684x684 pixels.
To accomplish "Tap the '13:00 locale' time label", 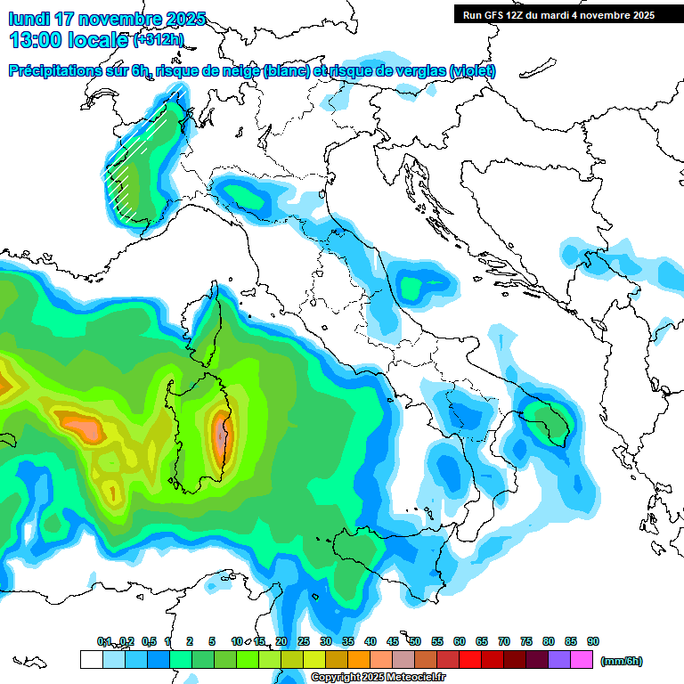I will tap(67, 39).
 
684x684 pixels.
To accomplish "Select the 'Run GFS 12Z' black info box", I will tap(558, 14).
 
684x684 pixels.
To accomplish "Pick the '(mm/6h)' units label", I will tap(621, 661).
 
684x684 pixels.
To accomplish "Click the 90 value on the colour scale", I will tap(593, 641).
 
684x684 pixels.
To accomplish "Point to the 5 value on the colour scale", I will tap(212, 641).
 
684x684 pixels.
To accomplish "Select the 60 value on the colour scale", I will tap(460, 641).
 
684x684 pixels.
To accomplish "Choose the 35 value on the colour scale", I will tap(348, 641).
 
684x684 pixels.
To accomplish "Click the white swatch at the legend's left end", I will tap(91, 660).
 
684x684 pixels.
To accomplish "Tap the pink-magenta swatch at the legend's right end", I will tap(582, 660).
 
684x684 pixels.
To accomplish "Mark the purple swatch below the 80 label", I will tap(560, 660).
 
